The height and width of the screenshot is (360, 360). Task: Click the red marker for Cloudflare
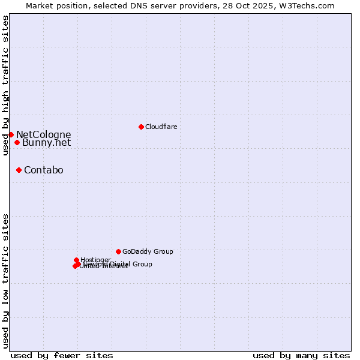(141, 127)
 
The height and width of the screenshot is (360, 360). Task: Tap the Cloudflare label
(161, 127)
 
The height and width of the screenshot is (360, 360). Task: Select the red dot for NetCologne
(11, 134)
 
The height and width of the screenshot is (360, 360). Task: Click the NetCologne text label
(43, 135)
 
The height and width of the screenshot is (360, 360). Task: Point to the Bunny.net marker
(17, 142)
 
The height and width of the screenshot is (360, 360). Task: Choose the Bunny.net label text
(46, 143)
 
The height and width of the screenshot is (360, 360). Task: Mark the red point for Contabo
(19, 170)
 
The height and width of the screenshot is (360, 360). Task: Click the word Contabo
(43, 170)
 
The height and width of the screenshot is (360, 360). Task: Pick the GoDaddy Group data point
(118, 251)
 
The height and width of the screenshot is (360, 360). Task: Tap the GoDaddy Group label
(148, 252)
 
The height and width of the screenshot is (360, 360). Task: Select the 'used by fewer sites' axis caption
(62, 355)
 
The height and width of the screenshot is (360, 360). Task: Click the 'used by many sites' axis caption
(301, 355)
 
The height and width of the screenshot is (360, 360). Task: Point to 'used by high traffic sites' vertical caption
(5, 85)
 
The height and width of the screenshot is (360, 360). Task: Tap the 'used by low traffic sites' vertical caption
(5, 280)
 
